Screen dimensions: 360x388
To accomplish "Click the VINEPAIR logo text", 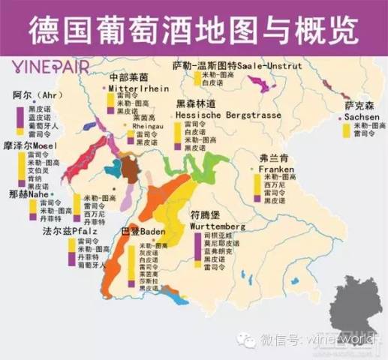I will pos(50,66).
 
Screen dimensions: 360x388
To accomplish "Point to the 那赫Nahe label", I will pos(28,193).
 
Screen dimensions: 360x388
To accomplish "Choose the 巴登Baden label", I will pos(143,231).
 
